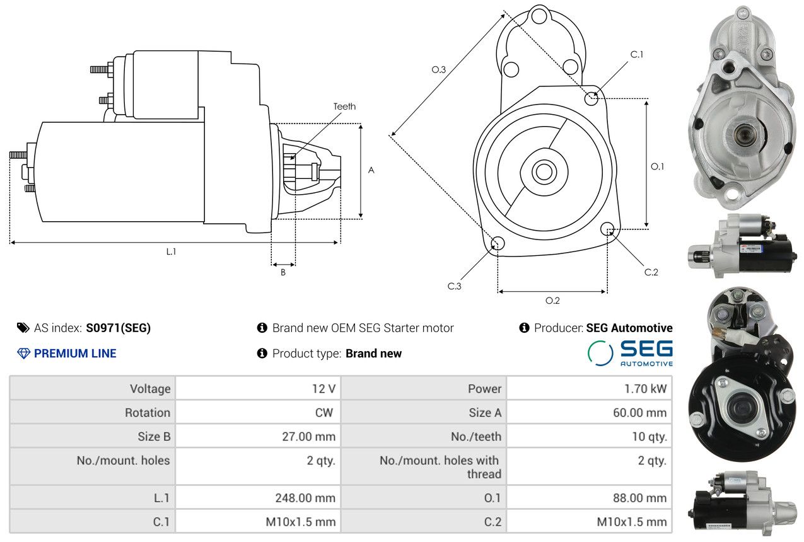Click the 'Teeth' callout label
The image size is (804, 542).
pyautogui.click(x=344, y=107)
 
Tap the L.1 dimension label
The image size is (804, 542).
pyautogui.click(x=171, y=251)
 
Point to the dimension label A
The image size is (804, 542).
pyautogui.click(x=371, y=170)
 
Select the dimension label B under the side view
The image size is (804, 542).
pyautogui.click(x=283, y=273)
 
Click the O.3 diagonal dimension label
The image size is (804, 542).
pyautogui.click(x=439, y=70)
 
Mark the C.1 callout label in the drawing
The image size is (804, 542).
pyautogui.click(x=637, y=55)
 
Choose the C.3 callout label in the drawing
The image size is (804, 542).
pyautogui.click(x=455, y=286)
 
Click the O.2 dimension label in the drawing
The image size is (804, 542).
pyautogui.click(x=552, y=301)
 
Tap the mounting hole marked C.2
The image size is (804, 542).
pyautogui.click(x=607, y=228)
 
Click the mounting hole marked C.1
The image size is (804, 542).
pyautogui.click(x=591, y=98)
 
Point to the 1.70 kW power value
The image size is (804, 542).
pyautogui.click(x=645, y=389)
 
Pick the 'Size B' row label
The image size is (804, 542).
pyautogui.click(x=154, y=436)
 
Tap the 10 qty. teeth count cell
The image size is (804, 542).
pyautogui.click(x=649, y=436)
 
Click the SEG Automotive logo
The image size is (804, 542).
pyautogui.click(x=630, y=353)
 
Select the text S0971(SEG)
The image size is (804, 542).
pyautogui.click(x=119, y=328)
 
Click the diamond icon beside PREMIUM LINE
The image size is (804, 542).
pyautogui.click(x=23, y=354)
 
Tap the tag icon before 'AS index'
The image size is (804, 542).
pyautogui.click(x=23, y=328)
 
